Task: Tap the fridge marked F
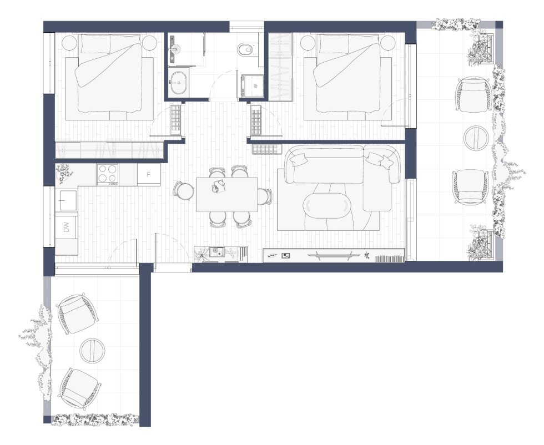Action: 149,174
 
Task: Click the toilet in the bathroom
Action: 247,49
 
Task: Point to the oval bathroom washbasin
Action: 179,83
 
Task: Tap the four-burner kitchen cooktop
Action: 108,174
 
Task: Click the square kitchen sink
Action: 68,200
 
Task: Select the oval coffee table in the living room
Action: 327,205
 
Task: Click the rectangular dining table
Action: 226,194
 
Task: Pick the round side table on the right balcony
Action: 476,138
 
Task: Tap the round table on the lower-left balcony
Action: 92,350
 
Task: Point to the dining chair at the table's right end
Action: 265,196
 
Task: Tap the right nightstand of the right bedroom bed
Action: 389,43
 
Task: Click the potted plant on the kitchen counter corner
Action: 64,173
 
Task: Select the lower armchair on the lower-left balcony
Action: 80,388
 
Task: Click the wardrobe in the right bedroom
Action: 280,67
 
